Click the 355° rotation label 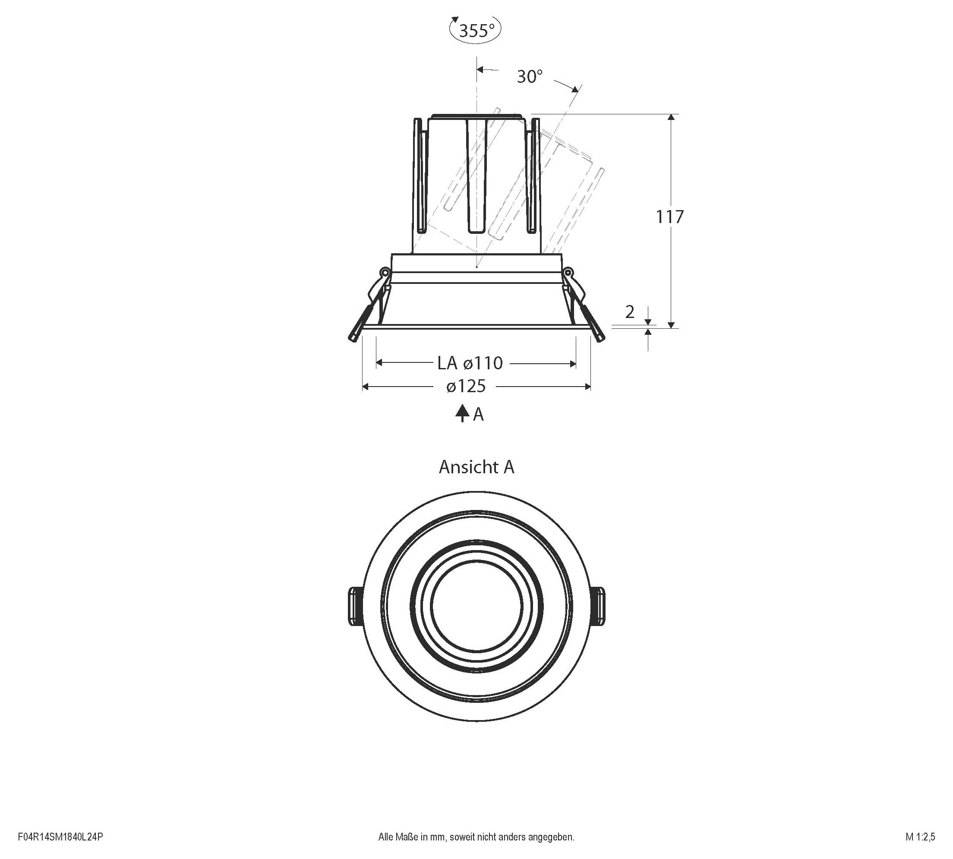point(476,31)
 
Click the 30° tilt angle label point(530,76)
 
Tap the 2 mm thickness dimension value point(630,312)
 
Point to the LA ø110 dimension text point(470,363)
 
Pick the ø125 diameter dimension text point(466,386)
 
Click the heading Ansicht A point(476,467)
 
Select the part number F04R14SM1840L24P point(60,837)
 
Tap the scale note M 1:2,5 point(920,837)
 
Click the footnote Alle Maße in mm point(476,837)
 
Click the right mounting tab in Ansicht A point(599,607)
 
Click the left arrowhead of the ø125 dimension point(365,387)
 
